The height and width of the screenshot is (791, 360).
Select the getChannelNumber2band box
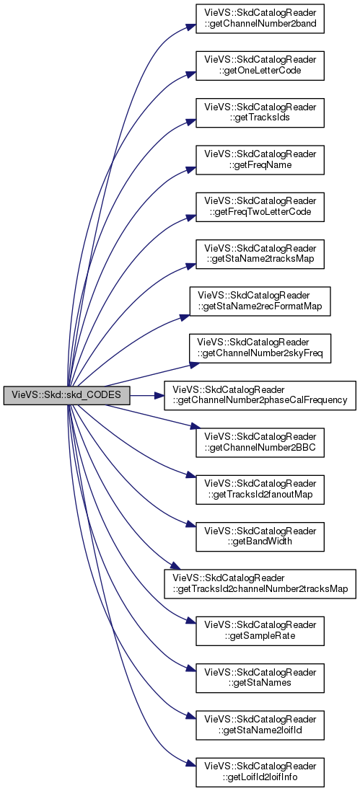point(260,19)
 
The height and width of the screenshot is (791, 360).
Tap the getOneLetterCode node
point(260,66)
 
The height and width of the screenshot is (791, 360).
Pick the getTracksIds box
point(260,113)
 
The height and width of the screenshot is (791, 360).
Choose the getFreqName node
point(260,160)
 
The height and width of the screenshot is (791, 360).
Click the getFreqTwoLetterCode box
point(260,208)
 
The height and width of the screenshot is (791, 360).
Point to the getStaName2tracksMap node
point(260,255)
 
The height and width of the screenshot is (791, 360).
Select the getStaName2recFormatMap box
point(260,301)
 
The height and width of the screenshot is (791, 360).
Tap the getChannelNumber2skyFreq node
point(260,348)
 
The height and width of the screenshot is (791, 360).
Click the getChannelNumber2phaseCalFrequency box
point(260,396)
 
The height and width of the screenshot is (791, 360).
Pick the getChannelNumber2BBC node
point(260,443)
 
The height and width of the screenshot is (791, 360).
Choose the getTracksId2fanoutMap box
point(260,490)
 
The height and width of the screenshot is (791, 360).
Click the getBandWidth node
point(260,537)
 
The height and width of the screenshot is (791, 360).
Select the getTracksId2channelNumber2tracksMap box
point(260,584)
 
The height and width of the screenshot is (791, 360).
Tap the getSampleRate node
point(260,631)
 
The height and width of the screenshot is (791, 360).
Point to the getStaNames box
point(260,679)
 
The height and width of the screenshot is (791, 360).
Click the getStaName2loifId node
point(260,725)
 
